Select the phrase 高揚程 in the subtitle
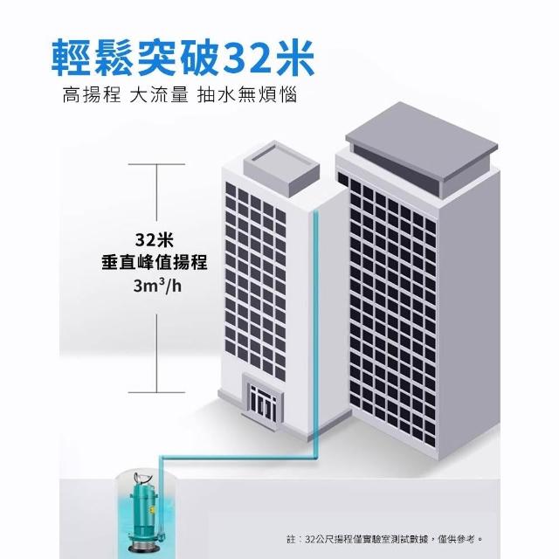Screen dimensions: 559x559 [x=91, y=94]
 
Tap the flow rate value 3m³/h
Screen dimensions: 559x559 [x=156, y=286]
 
